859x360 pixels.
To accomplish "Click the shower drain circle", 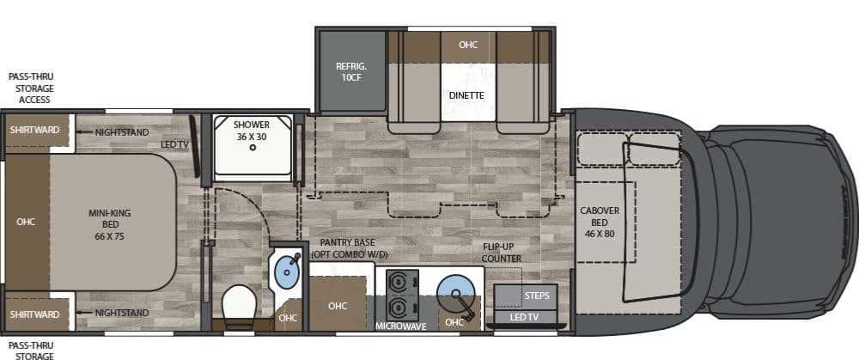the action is pyautogui.click(x=253, y=148).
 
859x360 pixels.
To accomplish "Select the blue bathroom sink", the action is pyautogui.click(x=287, y=271).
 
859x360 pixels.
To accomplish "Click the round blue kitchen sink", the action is pyautogui.click(x=454, y=291).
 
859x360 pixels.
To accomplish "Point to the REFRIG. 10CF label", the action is pyautogui.click(x=351, y=72).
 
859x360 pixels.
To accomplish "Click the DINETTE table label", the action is pyautogui.click(x=466, y=95).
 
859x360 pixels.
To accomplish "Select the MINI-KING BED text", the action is pyautogui.click(x=110, y=224).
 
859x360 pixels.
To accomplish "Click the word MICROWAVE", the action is pyautogui.click(x=401, y=326).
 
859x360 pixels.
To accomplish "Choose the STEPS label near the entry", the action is pyautogui.click(x=537, y=296).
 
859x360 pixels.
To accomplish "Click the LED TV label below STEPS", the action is pyautogui.click(x=525, y=317).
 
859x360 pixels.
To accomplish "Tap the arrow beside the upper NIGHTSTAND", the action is pyautogui.click(x=84, y=132).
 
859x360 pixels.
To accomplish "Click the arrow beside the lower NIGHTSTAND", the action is pyautogui.click(x=84, y=313).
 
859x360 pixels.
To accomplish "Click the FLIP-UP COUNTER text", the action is pyautogui.click(x=502, y=253).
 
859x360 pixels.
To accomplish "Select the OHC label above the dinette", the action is pyautogui.click(x=468, y=45).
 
